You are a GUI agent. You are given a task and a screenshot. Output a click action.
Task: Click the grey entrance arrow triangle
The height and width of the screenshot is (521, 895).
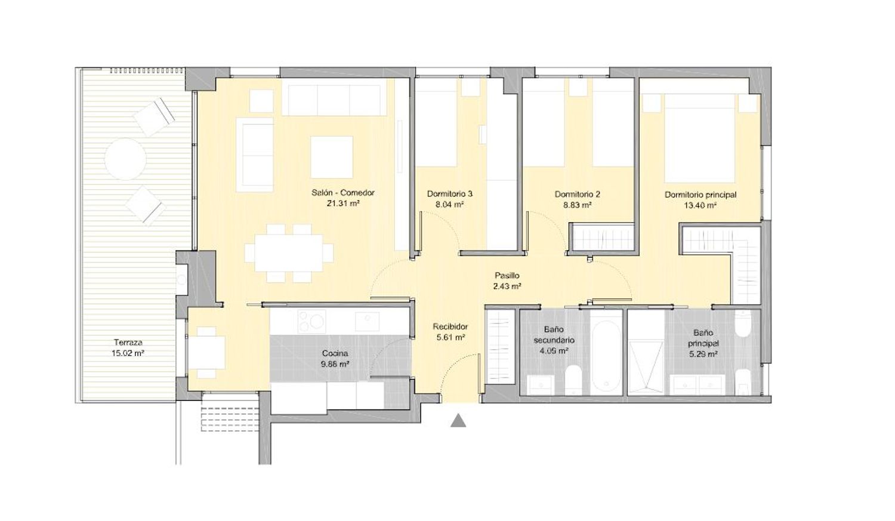(458, 421)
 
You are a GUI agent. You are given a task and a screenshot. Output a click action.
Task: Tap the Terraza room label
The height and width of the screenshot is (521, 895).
(128, 343)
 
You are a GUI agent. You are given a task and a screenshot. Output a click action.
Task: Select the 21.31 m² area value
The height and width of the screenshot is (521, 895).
(343, 204)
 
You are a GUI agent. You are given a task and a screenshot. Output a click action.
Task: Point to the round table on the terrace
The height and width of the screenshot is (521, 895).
(125, 159)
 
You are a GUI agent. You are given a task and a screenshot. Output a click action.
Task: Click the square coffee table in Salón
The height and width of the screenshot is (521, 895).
(332, 157)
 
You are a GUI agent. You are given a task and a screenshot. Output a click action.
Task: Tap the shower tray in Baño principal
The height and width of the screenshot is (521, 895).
(646, 366)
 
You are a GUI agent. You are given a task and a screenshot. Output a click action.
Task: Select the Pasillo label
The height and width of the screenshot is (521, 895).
(507, 275)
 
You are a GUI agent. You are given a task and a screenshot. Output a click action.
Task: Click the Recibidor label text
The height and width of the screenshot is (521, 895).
(450, 327)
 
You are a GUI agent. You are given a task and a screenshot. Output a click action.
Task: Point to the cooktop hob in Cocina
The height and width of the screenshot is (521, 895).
(312, 321)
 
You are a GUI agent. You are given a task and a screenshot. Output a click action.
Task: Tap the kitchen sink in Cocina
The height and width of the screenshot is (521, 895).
(368, 321)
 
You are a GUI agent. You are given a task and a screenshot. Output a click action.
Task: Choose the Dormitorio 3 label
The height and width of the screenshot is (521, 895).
(450, 194)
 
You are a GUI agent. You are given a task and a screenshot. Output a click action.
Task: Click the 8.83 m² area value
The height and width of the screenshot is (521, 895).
(578, 205)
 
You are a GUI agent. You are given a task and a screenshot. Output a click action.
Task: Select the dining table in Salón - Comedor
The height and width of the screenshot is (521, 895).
(289, 253)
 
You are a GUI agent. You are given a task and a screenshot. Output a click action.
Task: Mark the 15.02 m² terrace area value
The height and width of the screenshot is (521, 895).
(128, 353)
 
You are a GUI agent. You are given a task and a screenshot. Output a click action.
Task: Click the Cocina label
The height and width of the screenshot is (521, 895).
(335, 353)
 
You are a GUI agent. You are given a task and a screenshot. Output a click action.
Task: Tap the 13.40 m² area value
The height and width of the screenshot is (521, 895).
(700, 205)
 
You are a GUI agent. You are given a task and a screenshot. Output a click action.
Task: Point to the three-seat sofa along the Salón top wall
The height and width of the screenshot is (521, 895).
(334, 97)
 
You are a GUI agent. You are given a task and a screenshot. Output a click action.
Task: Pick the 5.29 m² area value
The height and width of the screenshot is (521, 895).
(703, 354)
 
